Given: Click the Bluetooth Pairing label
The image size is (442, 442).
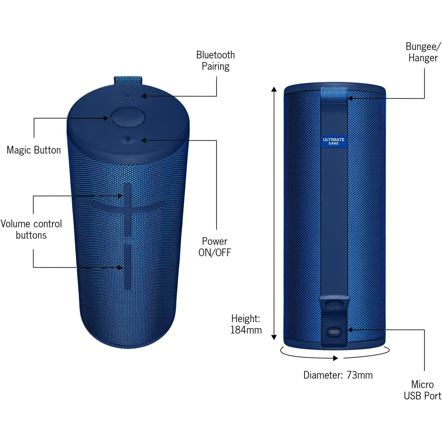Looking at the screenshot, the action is coord(215,61).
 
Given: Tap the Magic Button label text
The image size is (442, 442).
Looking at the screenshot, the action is coord(34,150).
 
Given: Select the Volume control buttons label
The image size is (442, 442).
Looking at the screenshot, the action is coord(31,229).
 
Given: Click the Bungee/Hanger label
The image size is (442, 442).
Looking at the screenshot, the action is coord(423,52).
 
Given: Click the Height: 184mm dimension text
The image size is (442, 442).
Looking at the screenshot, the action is coord(246,324).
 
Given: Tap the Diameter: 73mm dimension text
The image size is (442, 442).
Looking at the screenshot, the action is coord(338,375).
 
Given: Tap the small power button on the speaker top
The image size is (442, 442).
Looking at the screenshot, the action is coord(128,140).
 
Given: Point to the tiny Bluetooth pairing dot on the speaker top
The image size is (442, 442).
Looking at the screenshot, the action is coord(128,96).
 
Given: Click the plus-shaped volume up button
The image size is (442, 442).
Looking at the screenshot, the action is coord(128,209).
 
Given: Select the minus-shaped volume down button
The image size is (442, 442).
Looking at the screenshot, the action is coord(128,268).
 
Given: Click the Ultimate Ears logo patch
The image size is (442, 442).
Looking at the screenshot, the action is coord(334,141).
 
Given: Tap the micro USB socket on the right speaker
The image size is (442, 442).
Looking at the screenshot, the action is coord(334,332).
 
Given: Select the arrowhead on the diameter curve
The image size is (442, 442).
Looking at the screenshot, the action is coord(335,358).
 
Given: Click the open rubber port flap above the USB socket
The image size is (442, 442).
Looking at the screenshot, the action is coord(335,305).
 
